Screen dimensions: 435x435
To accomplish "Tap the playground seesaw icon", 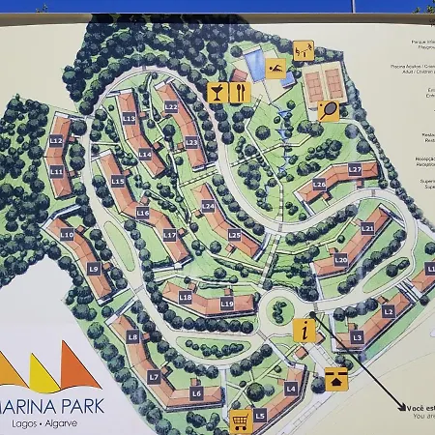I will click(304, 49).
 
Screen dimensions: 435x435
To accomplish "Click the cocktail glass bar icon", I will click(218, 92).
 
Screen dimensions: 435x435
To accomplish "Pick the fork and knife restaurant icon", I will click(240, 92).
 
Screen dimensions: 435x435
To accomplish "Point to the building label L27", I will click(355, 169).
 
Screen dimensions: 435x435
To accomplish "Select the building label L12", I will click(56, 141).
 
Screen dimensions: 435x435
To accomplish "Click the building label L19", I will click(227, 304).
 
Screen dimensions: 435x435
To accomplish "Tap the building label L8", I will click(133, 336).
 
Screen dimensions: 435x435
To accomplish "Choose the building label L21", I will click(367, 228).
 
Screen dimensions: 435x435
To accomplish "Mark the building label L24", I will click(208, 206).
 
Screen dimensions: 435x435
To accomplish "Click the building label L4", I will click(290, 389).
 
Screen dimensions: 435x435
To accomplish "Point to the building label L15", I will click(118, 181).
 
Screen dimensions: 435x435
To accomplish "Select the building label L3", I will click(357, 337).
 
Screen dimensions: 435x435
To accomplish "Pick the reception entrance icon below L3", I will click(335, 378).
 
